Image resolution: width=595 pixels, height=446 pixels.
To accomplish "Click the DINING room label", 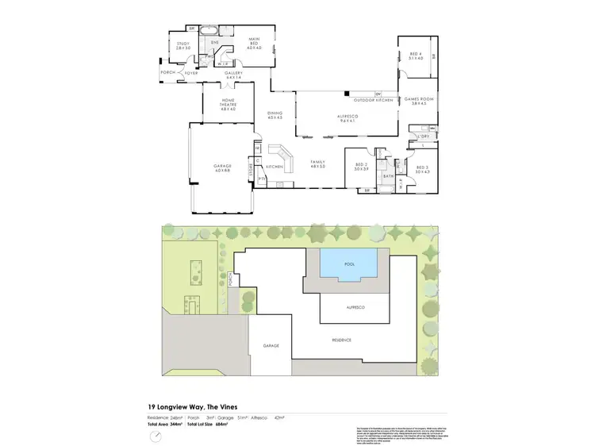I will [x=274, y=115].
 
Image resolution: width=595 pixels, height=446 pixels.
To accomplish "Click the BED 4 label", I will [x=416, y=56].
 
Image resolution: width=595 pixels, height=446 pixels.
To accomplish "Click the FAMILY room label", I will [x=318, y=163].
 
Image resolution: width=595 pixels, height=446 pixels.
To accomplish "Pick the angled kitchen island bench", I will [x=280, y=151].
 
